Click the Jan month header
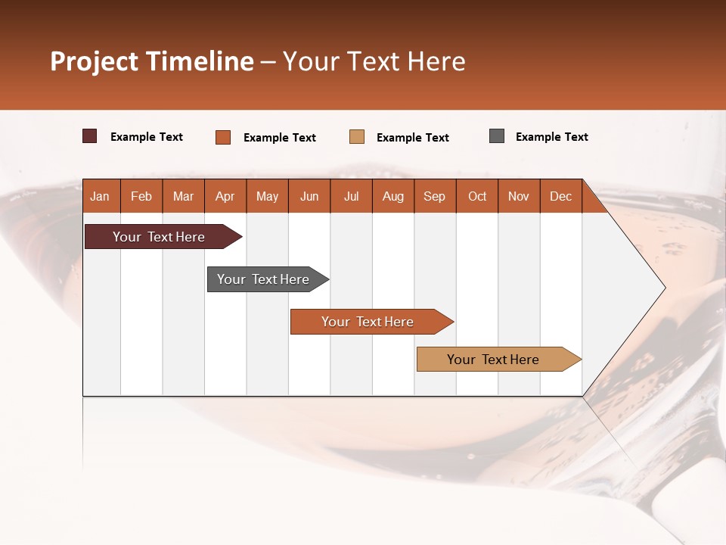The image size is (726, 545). coord(100,197)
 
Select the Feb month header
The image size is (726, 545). coord(141,197)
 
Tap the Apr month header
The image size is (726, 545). coord(225,197)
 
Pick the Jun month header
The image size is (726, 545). coord(309,197)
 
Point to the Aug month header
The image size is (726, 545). coord(393,197)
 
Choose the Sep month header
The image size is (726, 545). coord(435,197)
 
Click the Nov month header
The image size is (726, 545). coord(519,197)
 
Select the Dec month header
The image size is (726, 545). coord(561,197)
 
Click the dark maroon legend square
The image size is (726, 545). coord(89,136)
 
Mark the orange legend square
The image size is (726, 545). coord(223,137)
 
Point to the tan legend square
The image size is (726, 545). coord(357,136)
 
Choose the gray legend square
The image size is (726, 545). coord(497,136)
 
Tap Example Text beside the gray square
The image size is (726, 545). coord(551,137)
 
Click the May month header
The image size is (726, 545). coord(267,197)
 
